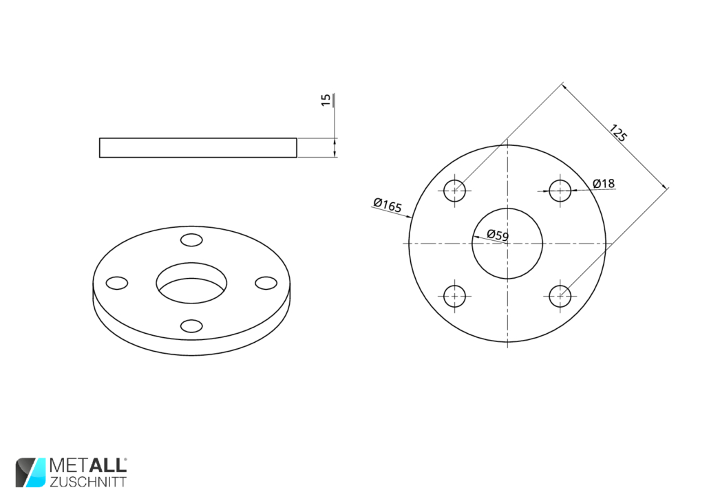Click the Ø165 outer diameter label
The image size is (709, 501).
coord(388,205)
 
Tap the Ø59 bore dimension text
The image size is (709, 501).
coord(498,235)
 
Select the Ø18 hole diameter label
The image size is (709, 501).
coord(604,183)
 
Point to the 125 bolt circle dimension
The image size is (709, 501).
coord(617,133)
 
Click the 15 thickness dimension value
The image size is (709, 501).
coord(326,100)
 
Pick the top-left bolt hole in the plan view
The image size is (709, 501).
coord(455,191)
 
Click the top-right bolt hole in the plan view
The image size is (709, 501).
coord(560,191)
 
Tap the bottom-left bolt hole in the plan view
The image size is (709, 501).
coord(455,296)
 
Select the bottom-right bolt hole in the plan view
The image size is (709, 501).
coord(560,296)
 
